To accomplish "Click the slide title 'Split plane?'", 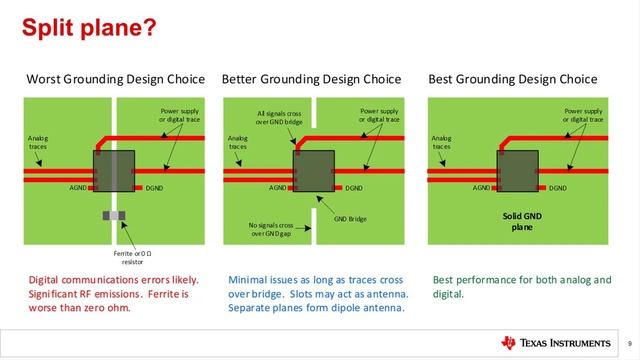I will (x=89, y=28).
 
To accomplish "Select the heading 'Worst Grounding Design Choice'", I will (x=115, y=79).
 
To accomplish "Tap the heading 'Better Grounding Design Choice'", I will (x=311, y=79).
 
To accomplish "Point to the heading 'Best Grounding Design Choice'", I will (x=512, y=79).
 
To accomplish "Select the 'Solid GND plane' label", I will (x=520, y=221).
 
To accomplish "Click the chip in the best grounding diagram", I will (x=520, y=169).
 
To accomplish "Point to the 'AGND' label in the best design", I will (x=482, y=188).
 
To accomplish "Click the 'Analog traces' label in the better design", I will (x=237, y=142).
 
